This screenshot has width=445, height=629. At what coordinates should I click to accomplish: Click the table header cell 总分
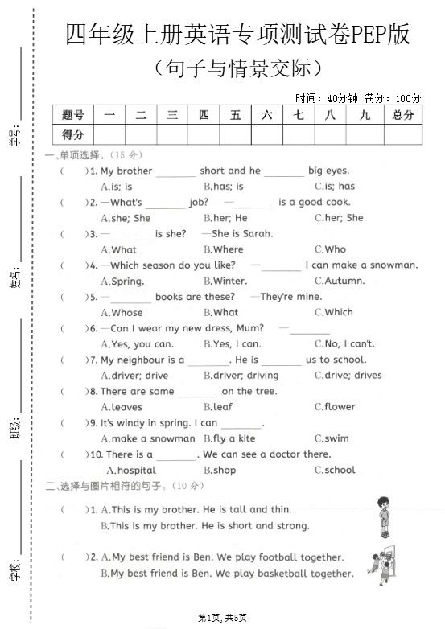[x=402, y=115]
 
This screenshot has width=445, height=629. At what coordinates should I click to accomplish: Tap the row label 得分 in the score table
[x=72, y=134]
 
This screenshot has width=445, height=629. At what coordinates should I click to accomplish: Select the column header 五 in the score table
[x=235, y=115]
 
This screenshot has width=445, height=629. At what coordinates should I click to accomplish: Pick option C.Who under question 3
[x=330, y=249]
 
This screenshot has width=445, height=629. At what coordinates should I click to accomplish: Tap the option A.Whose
[x=122, y=312]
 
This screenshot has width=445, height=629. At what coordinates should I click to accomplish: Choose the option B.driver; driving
[x=241, y=375]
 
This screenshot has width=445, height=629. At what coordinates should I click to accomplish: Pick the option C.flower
[x=335, y=406]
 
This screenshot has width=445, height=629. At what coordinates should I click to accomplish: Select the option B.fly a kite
[x=229, y=438]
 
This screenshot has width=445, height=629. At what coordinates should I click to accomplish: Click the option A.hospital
[x=131, y=470]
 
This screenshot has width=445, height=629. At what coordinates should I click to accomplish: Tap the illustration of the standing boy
[x=382, y=516]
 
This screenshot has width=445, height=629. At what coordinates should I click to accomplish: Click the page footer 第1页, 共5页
[x=222, y=617]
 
